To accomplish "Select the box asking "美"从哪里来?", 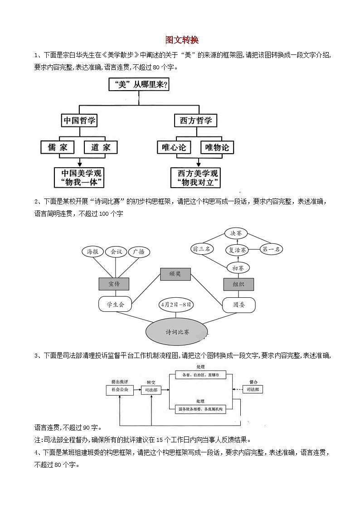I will point(139,85).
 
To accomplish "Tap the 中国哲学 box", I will point(80,121).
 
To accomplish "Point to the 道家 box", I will point(101,147).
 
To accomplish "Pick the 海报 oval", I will point(92,252).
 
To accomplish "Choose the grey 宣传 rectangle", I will point(114,284).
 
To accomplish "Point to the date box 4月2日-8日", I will point(175,305).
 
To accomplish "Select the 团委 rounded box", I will point(239,305).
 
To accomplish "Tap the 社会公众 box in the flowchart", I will point(120,389).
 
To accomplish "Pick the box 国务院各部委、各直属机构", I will point(200,409).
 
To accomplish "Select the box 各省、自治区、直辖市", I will point(200,375).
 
